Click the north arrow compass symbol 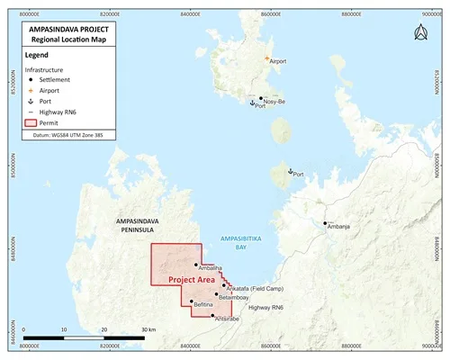pos(419,33)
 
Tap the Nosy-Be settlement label pos(275,102)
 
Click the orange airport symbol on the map pos(266,58)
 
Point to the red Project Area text pos(198,281)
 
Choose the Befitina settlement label pos(208,306)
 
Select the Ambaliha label pos(210,269)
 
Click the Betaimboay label pos(231,297)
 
